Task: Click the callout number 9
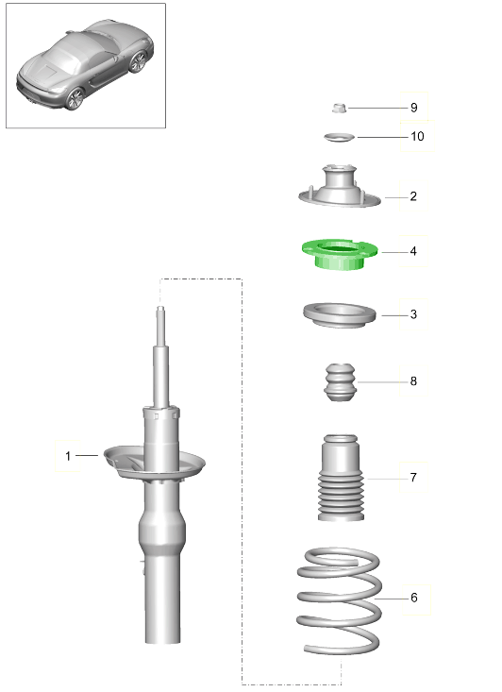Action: click(x=414, y=108)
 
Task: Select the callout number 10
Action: click(x=417, y=136)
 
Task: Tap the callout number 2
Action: click(x=413, y=196)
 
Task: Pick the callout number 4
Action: click(x=413, y=251)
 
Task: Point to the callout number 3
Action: click(x=413, y=314)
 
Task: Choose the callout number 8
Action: click(x=413, y=380)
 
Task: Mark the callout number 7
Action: click(x=413, y=478)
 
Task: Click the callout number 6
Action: click(x=414, y=598)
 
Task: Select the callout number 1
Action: click(x=68, y=456)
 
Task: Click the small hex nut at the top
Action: click(x=339, y=108)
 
